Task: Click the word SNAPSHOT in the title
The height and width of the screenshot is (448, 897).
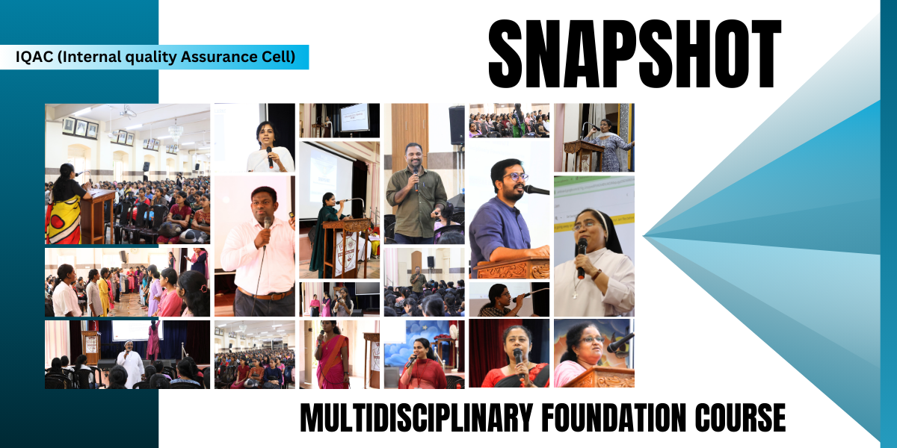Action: [635, 54]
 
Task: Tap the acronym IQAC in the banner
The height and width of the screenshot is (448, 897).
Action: [34, 57]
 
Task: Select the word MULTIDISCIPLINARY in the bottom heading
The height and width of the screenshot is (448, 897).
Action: [416, 417]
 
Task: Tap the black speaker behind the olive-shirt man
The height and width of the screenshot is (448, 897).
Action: [457, 125]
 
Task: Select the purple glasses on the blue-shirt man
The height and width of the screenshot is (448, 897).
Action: [515, 177]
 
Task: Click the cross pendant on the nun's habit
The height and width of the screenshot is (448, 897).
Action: [575, 295]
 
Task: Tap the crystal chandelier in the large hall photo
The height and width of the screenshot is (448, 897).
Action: [176, 131]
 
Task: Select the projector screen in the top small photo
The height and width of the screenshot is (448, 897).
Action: [354, 117]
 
